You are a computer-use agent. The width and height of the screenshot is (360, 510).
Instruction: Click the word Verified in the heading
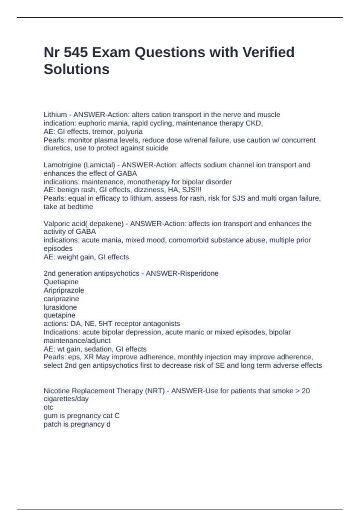pos(268,52)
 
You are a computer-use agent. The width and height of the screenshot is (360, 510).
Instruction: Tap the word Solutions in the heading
pos(76,69)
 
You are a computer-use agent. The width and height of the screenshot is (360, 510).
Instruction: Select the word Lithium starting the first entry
pos(55,115)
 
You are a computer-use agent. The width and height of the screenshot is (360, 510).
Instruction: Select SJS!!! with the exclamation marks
pos(192,190)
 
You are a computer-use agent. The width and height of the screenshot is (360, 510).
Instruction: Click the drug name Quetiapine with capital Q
pos(61,282)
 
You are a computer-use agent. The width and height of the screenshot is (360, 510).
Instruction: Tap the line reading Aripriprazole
pos(64,290)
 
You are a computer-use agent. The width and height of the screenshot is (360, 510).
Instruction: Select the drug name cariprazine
pos(61,298)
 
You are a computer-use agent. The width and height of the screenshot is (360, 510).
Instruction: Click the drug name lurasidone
pos(60,307)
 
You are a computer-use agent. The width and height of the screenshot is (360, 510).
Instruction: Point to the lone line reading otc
pos(48,407)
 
